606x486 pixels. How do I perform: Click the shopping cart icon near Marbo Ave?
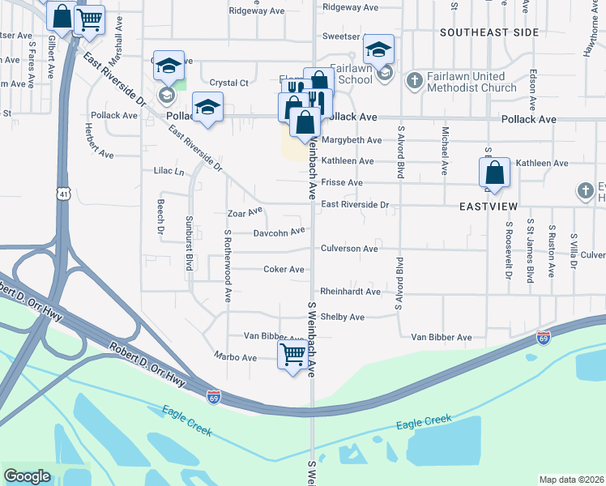point(292,352)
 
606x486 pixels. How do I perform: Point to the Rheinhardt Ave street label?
point(350,292)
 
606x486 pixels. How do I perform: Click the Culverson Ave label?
point(349,249)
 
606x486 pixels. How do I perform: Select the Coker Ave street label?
point(284,269)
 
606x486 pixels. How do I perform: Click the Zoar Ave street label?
point(245,212)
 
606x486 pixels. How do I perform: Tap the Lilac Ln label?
point(169,172)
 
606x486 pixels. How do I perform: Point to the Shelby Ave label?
point(343,317)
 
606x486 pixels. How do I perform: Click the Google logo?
point(27,476)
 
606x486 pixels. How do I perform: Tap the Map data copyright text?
point(571,480)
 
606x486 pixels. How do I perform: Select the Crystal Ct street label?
point(228,83)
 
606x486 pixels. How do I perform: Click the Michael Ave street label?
point(445,151)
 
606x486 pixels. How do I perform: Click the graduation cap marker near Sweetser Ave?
point(378,50)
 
